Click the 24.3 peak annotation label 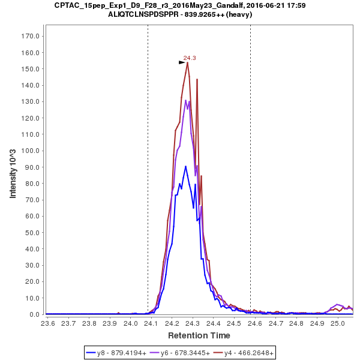190,58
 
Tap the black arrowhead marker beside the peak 183,62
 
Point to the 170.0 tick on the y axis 31,36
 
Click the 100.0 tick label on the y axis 31,151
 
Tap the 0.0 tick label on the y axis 34,314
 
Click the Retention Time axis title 199,335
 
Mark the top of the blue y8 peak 186,166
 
